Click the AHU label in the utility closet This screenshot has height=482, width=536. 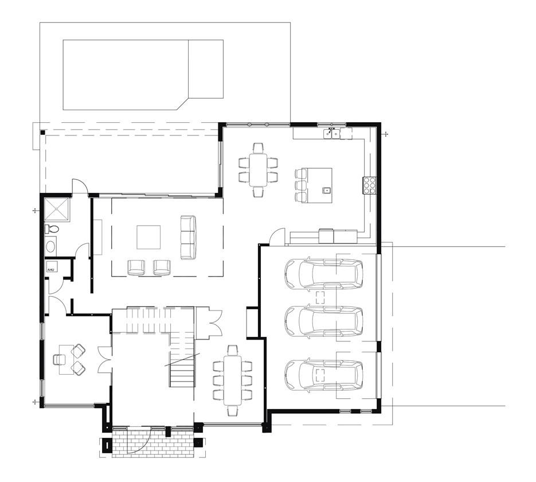coord(50,270)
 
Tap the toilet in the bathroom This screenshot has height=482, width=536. coord(52,228)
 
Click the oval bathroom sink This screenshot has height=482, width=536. coord(52,246)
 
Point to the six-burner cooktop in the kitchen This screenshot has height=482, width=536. coord(370,185)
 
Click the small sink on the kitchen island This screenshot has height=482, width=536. coord(326,189)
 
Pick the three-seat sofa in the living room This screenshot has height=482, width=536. coord(189,238)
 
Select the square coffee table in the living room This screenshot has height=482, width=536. coord(148,237)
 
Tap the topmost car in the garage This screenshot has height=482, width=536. coord(324,274)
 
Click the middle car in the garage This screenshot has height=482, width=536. coord(324,322)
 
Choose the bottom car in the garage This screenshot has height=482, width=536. coord(324,375)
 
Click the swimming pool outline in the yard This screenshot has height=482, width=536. coord(143,75)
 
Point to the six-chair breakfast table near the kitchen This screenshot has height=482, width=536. coord(258,170)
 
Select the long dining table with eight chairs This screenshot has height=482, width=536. coord(232,380)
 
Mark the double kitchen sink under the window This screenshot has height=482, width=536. coord(332,134)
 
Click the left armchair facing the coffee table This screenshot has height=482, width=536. coord(136,267)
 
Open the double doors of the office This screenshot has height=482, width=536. coord(104,359)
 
